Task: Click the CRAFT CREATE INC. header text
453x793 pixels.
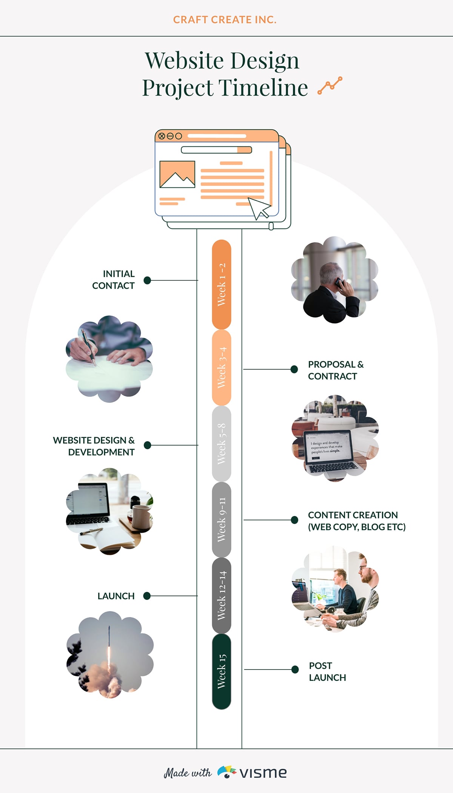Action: [225, 20]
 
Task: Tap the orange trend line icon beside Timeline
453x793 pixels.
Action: [330, 85]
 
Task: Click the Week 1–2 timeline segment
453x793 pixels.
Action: [222, 284]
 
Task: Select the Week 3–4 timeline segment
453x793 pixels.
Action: [222, 367]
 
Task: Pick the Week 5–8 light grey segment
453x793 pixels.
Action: [222, 444]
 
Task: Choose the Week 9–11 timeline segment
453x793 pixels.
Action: [222, 520]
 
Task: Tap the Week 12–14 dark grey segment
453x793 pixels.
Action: [222, 596]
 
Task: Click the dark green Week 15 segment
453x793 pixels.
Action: [222, 671]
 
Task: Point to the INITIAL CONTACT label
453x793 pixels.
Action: [114, 280]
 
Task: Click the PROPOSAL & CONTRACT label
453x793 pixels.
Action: [335, 370]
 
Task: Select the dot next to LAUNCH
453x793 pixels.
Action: [147, 596]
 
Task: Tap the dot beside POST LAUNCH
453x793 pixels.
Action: [295, 670]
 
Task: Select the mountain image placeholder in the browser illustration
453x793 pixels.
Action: [177, 174]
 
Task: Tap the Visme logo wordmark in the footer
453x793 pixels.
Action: [263, 773]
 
